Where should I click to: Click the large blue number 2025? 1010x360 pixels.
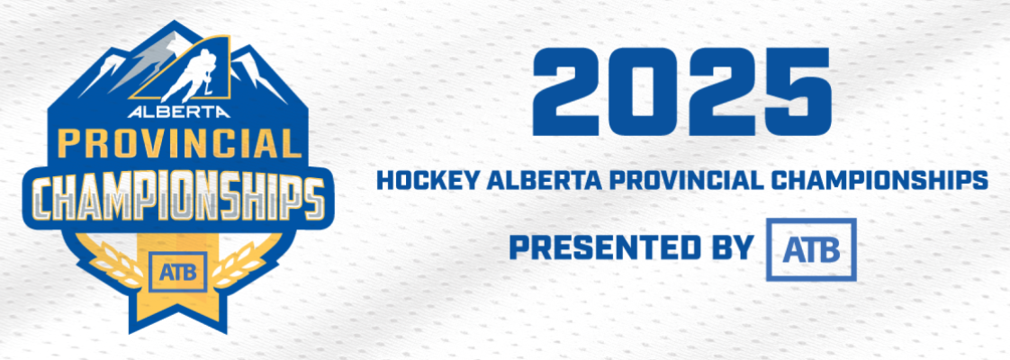coord(681,92)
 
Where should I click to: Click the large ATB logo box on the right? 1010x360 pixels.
coord(811,249)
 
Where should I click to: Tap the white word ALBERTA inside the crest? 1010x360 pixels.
coord(178,112)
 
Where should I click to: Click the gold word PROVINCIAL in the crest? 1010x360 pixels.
coord(177,144)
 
